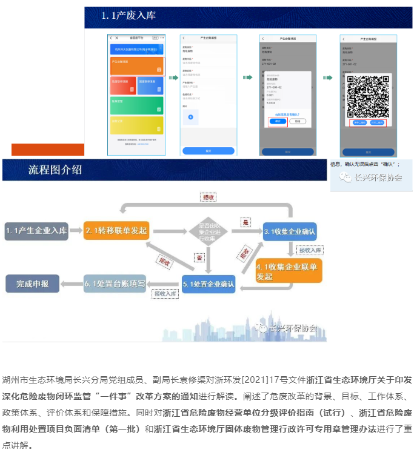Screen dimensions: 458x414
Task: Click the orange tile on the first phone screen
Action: tap(136, 65)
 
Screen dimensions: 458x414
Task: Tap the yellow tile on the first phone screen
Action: tap(136, 125)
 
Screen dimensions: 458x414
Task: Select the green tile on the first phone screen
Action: tap(136, 105)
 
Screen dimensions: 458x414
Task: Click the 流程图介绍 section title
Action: tap(55, 170)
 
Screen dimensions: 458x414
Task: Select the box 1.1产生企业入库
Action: tap(36, 231)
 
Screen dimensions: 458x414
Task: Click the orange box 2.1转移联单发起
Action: tap(116, 231)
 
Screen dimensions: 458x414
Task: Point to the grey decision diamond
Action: tap(207, 230)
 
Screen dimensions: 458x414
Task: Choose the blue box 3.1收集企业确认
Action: tap(290, 231)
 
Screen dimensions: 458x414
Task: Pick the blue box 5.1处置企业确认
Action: tap(208, 284)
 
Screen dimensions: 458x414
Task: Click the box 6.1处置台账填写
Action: tap(115, 283)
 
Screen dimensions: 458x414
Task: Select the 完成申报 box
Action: tap(33, 283)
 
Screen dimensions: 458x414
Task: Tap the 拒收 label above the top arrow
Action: tap(209, 197)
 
